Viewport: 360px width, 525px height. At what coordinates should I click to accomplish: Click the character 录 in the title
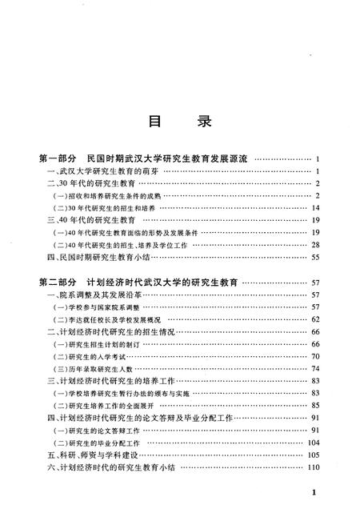pos(203,123)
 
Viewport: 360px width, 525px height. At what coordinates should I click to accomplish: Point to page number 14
pos(316,207)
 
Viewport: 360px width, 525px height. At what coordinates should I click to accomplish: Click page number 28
pos(316,244)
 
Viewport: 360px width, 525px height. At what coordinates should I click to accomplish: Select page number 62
pos(316,319)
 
